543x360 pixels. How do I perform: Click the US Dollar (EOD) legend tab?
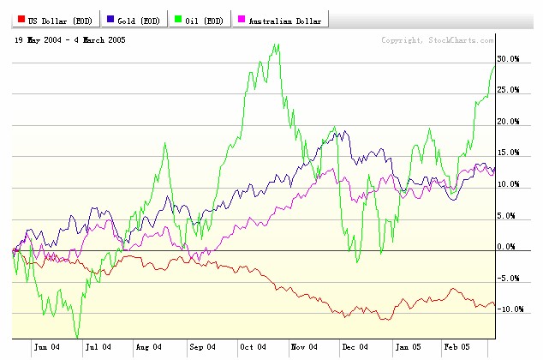click(51, 20)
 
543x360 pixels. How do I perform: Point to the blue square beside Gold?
click(110, 20)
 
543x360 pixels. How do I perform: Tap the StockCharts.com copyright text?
click(437, 40)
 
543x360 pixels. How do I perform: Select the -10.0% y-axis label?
click(508, 309)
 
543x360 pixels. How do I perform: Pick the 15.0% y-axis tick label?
click(509, 153)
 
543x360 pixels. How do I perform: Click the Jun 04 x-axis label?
click(46, 347)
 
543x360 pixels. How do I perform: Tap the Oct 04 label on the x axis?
click(253, 347)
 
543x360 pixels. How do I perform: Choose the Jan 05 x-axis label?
click(408, 347)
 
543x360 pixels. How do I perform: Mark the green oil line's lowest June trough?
click(77, 337)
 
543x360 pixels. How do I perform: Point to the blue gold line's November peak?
click(344, 131)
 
